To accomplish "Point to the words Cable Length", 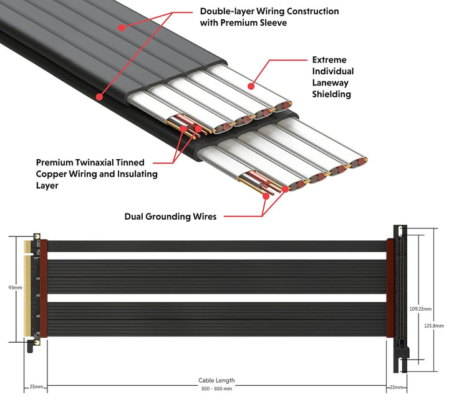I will pyautogui.click(x=216, y=380).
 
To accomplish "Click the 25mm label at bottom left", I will pyautogui.click(x=36, y=388).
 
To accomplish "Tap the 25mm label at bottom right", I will pyautogui.click(x=397, y=388).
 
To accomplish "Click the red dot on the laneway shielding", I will pyautogui.click(x=251, y=86).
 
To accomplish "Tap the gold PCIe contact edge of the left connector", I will pyautogui.click(x=27, y=288).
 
